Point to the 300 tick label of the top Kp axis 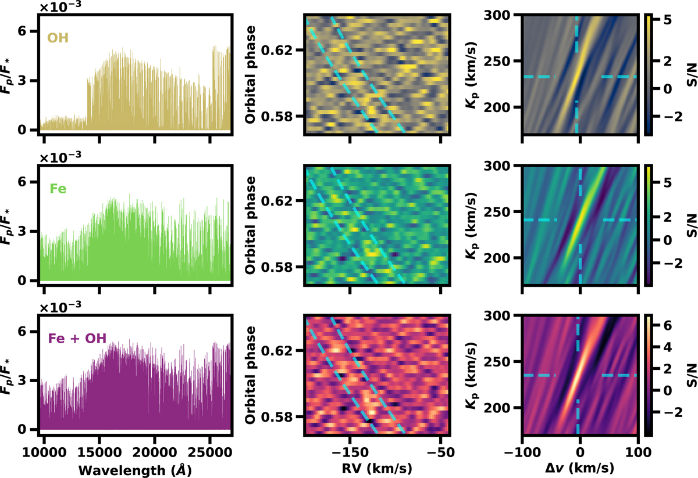click(506, 15)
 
